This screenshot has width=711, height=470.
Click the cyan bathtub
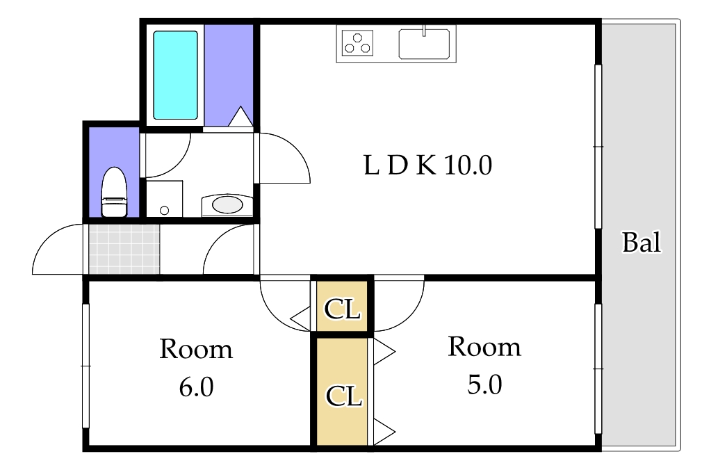pos(175,74)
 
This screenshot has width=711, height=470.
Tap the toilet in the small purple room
pos(114,193)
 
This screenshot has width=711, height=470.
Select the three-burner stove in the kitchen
pos(358,43)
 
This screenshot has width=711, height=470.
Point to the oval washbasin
pos(227,204)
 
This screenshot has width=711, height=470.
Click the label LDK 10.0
pos(427,165)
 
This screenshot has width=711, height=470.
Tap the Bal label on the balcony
pos(641,243)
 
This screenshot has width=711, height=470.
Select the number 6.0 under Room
pos(195,387)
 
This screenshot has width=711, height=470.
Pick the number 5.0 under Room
pos(484,384)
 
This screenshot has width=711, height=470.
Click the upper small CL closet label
pos(342,309)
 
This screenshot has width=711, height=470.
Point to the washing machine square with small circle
pos(164,200)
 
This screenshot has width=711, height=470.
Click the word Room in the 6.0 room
pos(195,349)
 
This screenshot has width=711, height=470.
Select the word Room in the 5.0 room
pos(484,346)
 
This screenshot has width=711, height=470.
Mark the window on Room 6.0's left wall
pos(86,365)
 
